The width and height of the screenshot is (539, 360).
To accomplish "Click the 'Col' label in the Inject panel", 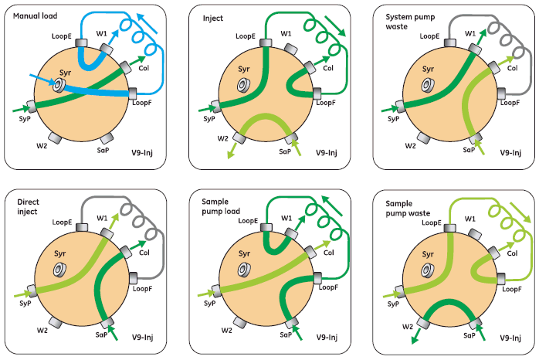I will [327, 68].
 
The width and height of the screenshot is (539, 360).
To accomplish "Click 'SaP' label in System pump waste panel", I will [468, 150].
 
